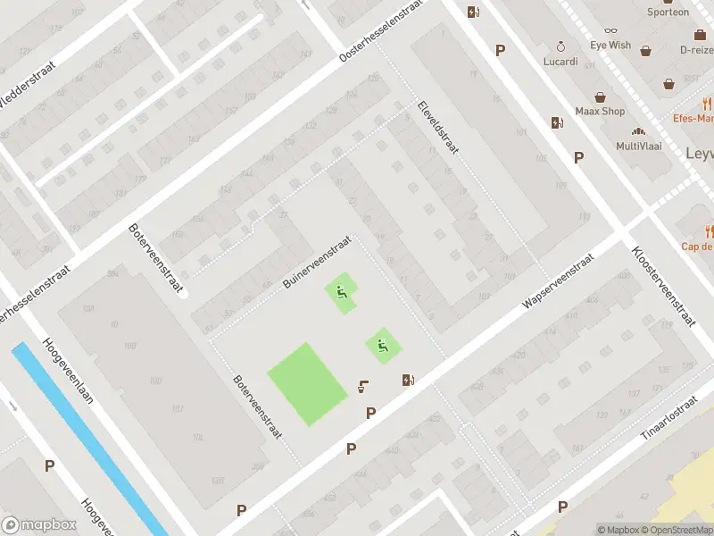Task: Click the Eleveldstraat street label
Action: (x=437, y=127)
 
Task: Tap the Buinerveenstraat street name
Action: (x=316, y=262)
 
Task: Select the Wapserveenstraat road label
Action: (x=559, y=280)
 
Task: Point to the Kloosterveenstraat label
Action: (x=663, y=287)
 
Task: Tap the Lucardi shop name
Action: (x=560, y=62)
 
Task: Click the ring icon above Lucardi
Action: (x=560, y=46)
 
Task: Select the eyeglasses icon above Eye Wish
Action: (x=610, y=29)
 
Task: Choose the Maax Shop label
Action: (x=600, y=112)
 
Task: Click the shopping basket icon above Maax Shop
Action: (x=601, y=96)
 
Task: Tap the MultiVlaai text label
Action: (x=638, y=146)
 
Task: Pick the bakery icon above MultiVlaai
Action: (x=638, y=130)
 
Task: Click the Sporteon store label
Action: (x=668, y=13)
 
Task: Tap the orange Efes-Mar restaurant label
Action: (x=693, y=118)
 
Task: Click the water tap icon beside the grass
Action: (x=363, y=386)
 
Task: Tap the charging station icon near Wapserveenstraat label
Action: (x=408, y=380)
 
